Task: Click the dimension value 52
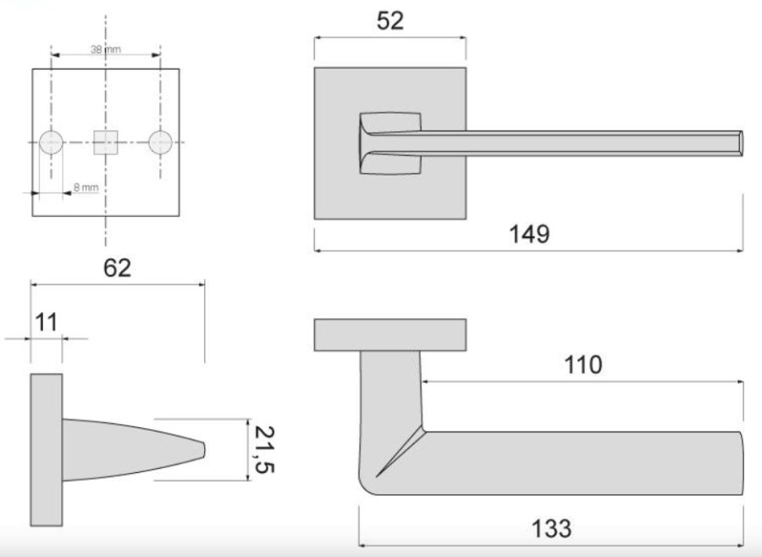(389, 21)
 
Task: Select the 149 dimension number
(529, 234)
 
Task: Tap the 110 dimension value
(583, 365)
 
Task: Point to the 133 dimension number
(551, 529)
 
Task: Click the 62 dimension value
(117, 268)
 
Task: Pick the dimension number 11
(47, 322)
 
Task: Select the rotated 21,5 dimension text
(265, 449)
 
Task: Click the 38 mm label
(106, 49)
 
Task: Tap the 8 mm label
(86, 187)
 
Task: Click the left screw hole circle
(51, 142)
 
